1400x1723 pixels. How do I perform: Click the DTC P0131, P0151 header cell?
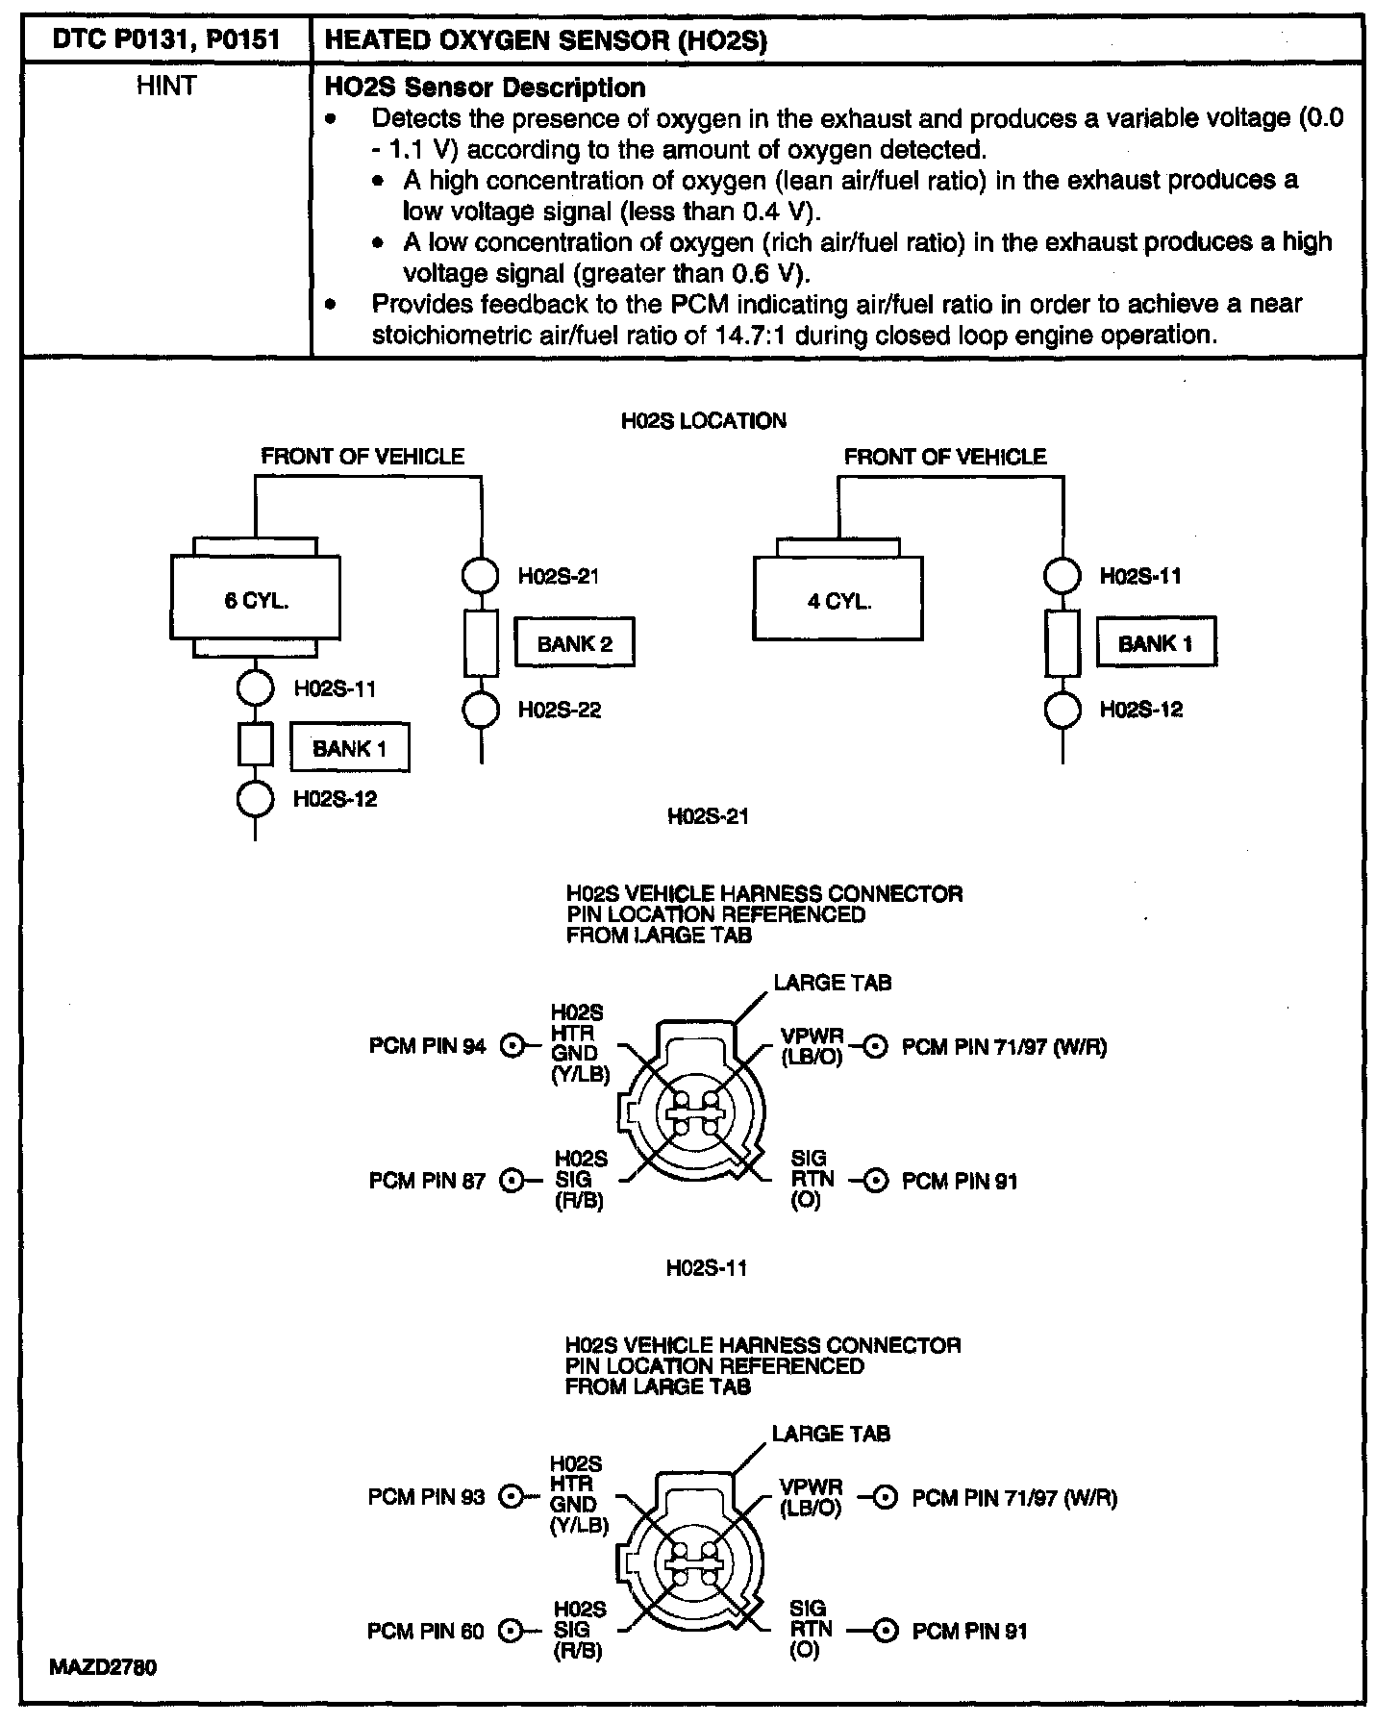click(166, 41)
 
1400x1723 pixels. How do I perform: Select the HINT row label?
click(166, 87)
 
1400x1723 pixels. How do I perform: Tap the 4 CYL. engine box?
click(837, 600)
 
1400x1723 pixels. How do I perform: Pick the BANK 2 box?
click(574, 643)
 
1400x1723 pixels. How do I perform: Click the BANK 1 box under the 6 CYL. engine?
click(350, 748)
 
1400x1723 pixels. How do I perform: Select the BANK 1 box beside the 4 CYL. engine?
click(1156, 643)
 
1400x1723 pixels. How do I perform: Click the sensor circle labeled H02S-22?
click(481, 710)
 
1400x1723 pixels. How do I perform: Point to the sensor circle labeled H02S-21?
click(481, 576)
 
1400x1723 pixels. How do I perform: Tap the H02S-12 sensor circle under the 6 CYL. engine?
click(255, 799)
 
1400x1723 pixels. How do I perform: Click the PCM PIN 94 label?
click(428, 1046)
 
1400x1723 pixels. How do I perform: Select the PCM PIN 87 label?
click(428, 1181)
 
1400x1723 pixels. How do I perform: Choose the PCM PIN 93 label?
click(427, 1497)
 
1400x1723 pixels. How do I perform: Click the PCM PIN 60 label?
click(427, 1631)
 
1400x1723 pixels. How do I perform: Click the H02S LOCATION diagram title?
click(704, 421)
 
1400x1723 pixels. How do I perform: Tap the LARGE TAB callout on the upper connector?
click(832, 983)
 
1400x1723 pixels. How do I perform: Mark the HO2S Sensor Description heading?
click(486, 87)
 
